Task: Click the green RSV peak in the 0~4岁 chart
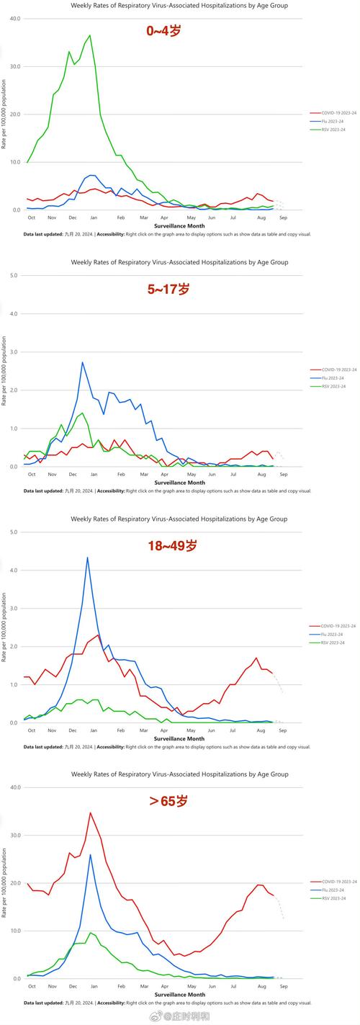[89, 35]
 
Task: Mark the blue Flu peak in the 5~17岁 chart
[82, 362]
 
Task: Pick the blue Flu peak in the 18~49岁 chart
[87, 557]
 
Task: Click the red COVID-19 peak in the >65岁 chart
[90, 813]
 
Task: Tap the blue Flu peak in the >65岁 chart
[90, 855]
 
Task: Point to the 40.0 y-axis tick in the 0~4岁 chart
[15, 18]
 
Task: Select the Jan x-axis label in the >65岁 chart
[94, 986]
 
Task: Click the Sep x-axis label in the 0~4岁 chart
[283, 218]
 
